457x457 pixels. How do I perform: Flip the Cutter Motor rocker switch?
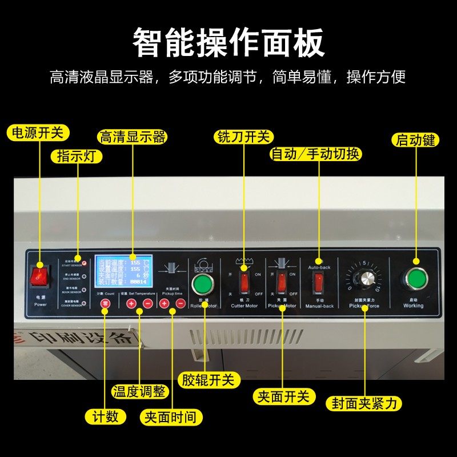(245, 281)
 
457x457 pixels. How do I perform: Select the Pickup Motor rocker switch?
(282, 281)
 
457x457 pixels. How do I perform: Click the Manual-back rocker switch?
(319, 281)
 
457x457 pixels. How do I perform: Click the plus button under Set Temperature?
(131, 304)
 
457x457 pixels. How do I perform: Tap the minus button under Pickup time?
(181, 304)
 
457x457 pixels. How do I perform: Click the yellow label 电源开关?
(38, 133)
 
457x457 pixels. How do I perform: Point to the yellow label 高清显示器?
(132, 137)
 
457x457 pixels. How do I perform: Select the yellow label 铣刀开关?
(244, 137)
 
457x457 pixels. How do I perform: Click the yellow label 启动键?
(415, 140)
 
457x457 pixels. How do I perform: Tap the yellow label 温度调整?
(139, 392)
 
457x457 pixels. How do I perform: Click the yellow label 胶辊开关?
(209, 379)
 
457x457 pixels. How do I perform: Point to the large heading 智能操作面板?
(228, 43)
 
